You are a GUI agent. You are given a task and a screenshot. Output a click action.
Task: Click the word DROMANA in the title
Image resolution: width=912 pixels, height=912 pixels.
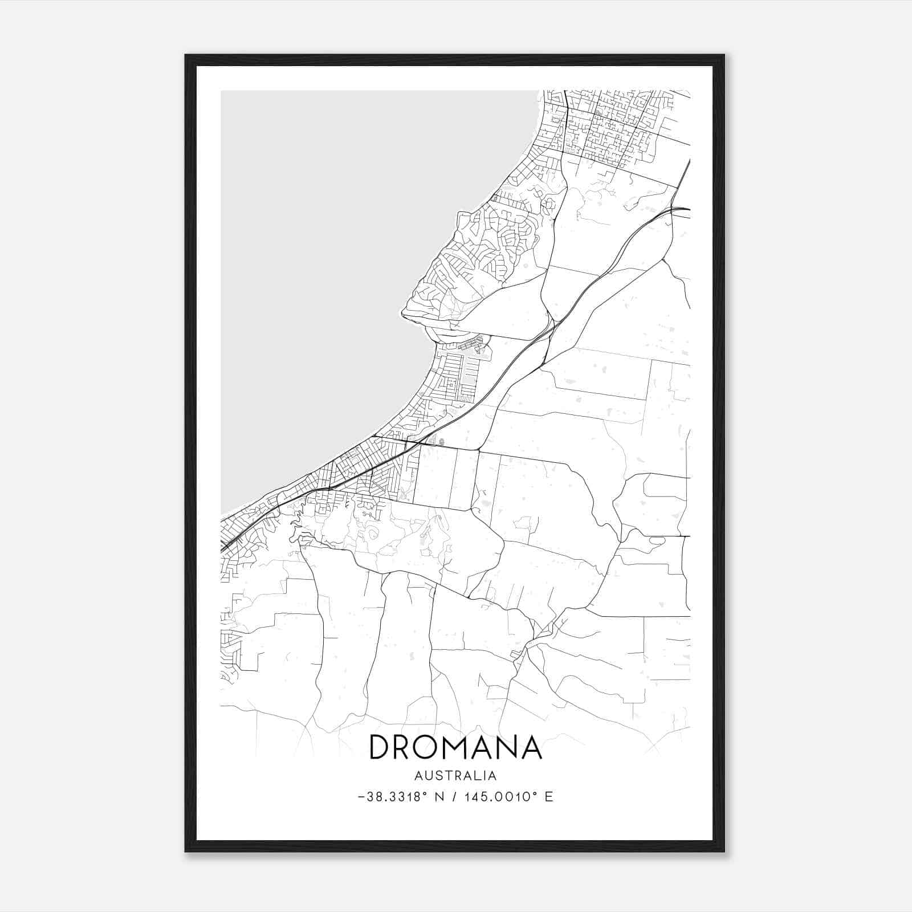click(455, 747)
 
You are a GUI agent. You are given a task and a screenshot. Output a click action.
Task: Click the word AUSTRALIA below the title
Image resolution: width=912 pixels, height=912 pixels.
click(455, 776)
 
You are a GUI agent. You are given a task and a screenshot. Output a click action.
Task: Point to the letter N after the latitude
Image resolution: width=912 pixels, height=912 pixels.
click(439, 797)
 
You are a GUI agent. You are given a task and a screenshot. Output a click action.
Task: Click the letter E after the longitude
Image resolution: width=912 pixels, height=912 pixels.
click(549, 797)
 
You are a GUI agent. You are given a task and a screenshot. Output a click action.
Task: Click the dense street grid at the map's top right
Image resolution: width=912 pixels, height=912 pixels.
click(610, 125)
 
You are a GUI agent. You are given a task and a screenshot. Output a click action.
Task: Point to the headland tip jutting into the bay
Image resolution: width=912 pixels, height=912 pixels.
click(406, 312)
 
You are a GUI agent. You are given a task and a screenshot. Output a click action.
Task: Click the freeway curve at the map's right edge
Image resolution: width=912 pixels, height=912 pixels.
click(678, 210)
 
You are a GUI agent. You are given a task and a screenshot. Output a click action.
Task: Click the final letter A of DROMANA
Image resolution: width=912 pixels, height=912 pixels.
click(530, 747)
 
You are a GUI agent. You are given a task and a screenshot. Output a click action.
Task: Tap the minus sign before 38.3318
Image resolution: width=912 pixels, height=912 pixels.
click(361, 797)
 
